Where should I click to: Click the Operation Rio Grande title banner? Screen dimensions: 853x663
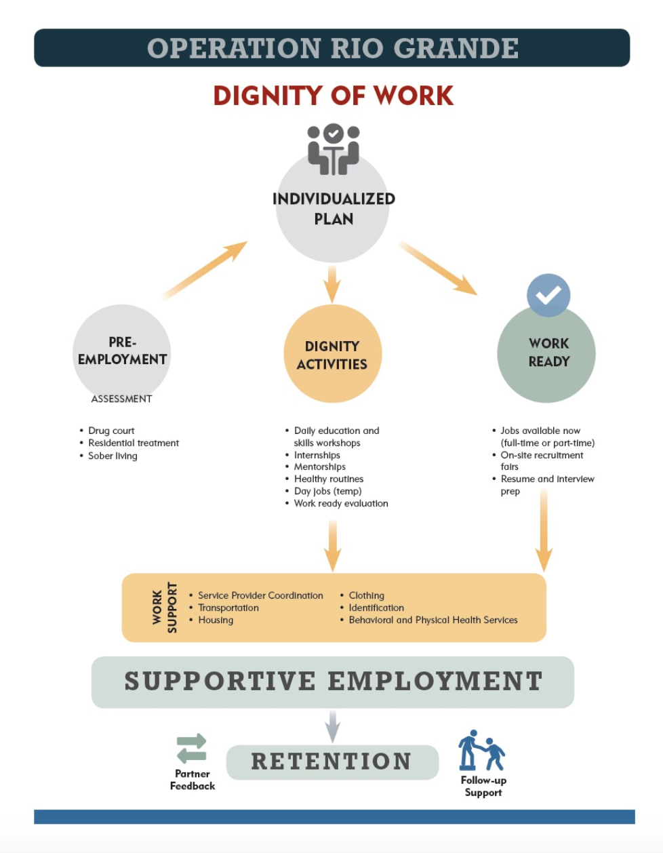pyautogui.click(x=331, y=47)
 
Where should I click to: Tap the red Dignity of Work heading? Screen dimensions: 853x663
pyautogui.click(x=333, y=96)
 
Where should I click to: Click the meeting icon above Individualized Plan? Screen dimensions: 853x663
pyautogui.click(x=333, y=148)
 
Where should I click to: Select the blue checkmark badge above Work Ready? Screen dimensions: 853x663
pyautogui.click(x=548, y=295)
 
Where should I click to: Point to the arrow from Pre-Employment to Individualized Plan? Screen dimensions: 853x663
pyautogui.click(x=205, y=269)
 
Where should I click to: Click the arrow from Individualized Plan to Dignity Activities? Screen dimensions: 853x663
pyautogui.click(x=331, y=283)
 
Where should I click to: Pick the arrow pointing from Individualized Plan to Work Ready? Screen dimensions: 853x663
pyautogui.click(x=438, y=268)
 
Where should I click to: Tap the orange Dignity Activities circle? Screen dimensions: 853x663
pyautogui.click(x=332, y=355)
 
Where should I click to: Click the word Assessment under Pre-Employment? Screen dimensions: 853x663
pyautogui.click(x=122, y=399)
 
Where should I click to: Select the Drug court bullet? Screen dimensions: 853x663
pyautogui.click(x=111, y=431)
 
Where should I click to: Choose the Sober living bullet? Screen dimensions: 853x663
pyautogui.click(x=113, y=456)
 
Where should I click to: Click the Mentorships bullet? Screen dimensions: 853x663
pyautogui.click(x=319, y=467)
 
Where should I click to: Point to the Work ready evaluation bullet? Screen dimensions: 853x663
pyautogui.click(x=341, y=503)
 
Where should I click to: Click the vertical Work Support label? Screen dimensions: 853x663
pyautogui.click(x=165, y=608)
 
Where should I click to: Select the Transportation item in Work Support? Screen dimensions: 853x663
pyautogui.click(x=228, y=608)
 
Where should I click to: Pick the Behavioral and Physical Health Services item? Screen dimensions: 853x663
pyautogui.click(x=433, y=620)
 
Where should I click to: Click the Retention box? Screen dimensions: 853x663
pyautogui.click(x=331, y=761)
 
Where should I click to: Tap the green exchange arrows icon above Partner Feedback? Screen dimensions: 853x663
pyautogui.click(x=192, y=749)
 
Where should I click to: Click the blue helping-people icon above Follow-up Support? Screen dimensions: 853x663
pyautogui.click(x=482, y=751)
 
